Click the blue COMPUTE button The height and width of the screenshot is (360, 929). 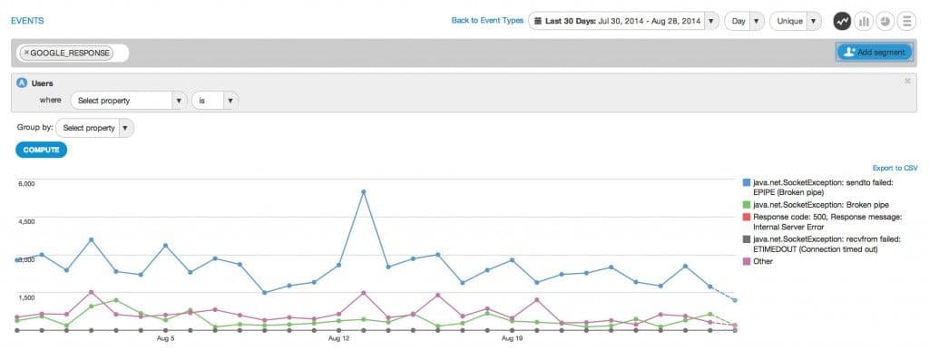[41, 150]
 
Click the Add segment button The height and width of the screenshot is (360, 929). [874, 53]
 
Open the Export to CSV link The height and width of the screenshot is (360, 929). [895, 168]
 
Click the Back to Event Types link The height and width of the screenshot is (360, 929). [487, 20]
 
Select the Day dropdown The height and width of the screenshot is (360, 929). [743, 20]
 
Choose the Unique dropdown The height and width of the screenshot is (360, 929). [796, 20]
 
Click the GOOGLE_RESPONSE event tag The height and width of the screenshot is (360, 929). [67, 53]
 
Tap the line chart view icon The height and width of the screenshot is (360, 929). [843, 20]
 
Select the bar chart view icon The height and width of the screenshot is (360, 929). [864, 20]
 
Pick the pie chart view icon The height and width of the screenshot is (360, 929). [885, 20]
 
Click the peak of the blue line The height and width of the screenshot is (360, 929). [363, 191]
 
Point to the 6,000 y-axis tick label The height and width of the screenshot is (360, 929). [25, 183]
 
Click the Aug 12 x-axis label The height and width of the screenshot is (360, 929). [338, 338]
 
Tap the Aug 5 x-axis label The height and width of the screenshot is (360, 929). [165, 338]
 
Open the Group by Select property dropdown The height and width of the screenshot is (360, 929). [94, 128]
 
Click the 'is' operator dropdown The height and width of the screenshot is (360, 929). [215, 100]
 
